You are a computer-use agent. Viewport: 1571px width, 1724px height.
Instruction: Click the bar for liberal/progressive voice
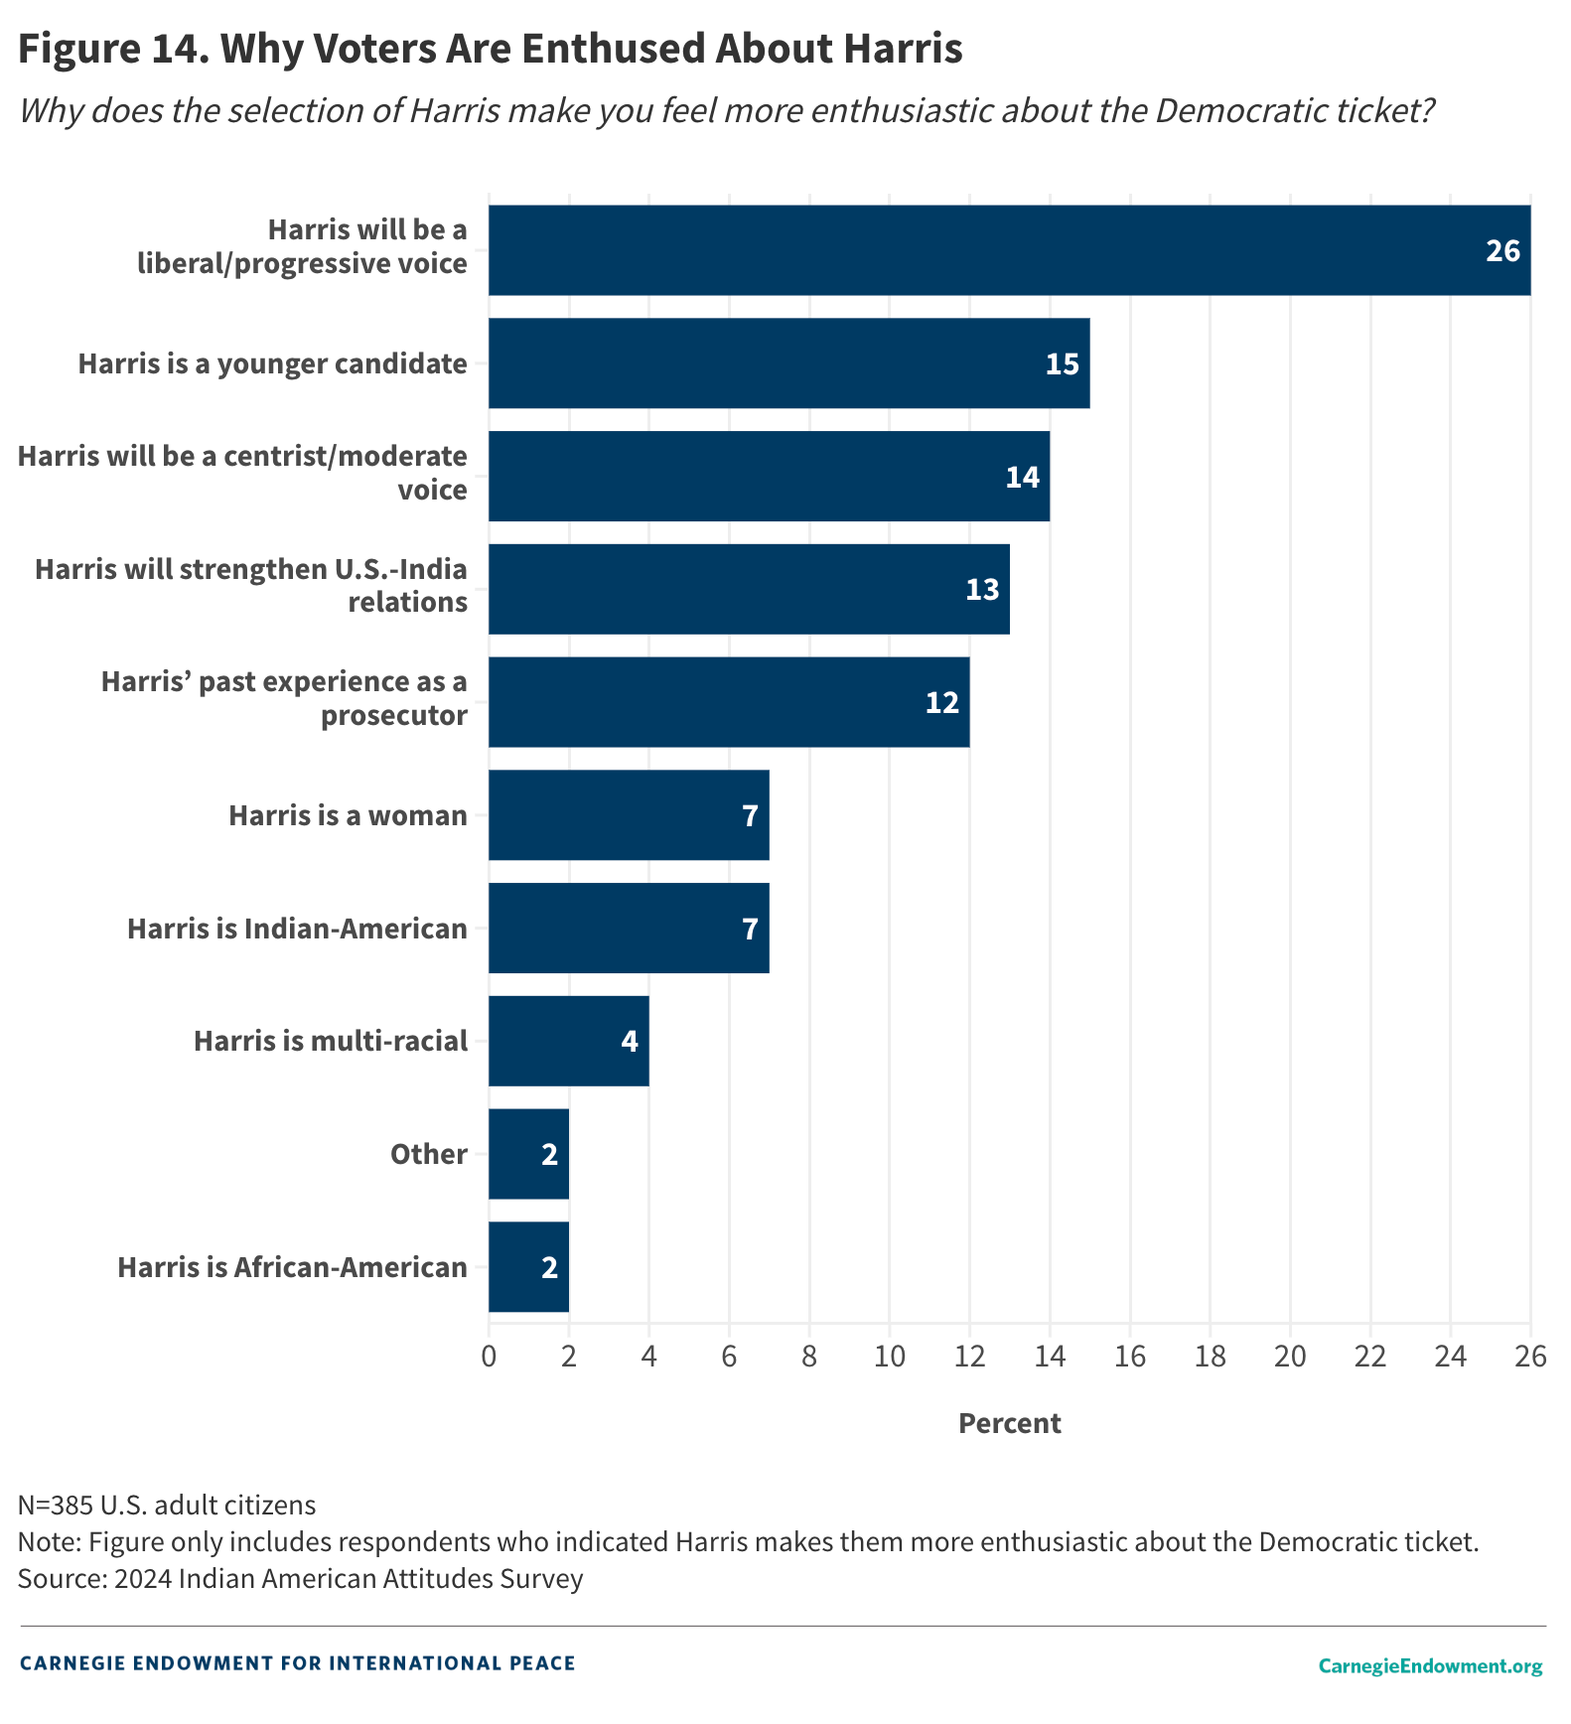point(1008,250)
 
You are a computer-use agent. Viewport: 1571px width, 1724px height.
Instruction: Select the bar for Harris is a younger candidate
point(788,363)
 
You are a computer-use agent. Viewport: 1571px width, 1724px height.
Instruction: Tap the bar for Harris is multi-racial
point(568,1041)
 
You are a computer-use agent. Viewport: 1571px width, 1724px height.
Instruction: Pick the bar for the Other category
point(528,1154)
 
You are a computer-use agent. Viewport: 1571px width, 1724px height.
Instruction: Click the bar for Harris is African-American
point(528,1267)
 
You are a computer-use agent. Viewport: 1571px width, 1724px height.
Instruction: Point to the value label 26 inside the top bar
point(1501,251)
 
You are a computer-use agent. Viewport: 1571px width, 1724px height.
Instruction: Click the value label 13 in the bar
point(981,590)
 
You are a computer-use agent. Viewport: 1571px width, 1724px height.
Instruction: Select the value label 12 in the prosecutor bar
point(941,703)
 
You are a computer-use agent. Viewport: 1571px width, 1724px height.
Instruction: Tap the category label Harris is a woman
point(348,815)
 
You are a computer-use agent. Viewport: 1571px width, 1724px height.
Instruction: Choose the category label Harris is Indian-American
point(297,929)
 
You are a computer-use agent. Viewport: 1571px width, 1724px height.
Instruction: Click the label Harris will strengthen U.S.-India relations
point(251,585)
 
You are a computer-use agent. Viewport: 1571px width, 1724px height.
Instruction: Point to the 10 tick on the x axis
point(889,1357)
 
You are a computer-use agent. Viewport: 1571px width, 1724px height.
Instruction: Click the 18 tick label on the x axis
point(1210,1357)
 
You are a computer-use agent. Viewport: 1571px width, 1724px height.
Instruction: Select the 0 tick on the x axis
point(489,1357)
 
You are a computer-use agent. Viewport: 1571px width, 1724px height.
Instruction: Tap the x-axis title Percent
point(1009,1423)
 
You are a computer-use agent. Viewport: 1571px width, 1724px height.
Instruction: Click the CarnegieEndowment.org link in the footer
point(1430,1665)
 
